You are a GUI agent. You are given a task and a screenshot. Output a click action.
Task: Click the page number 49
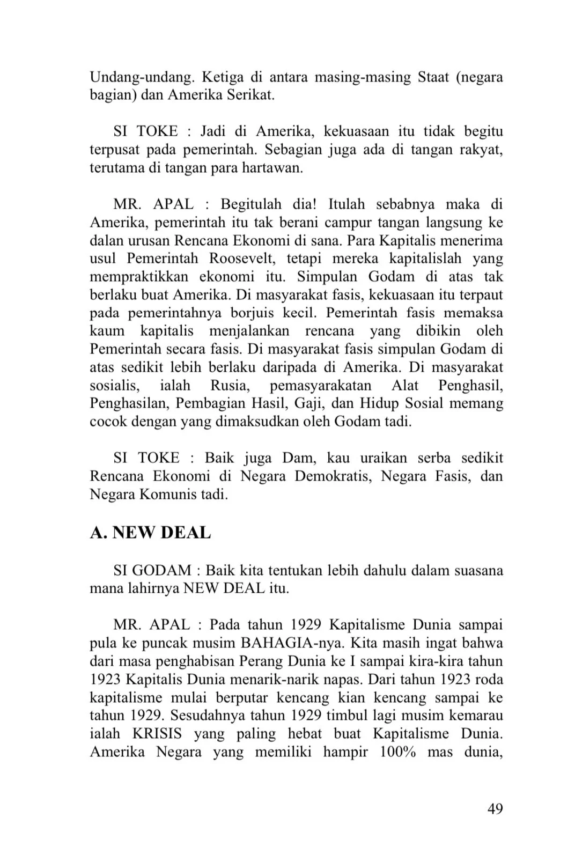495,808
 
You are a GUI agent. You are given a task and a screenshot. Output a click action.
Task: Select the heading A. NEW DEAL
150,533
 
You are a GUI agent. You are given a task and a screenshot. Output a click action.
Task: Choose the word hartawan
272,168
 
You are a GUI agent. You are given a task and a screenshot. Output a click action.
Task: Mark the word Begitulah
251,204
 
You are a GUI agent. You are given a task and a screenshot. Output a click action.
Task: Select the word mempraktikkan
139,277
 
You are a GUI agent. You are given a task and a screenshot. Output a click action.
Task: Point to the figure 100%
397,752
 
